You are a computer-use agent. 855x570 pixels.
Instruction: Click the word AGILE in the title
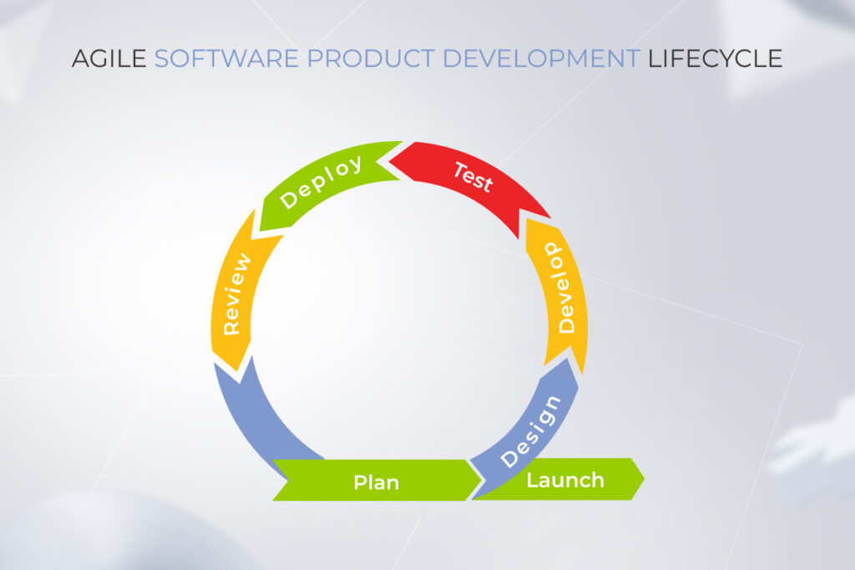[109, 58]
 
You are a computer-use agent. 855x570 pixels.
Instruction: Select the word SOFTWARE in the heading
[226, 58]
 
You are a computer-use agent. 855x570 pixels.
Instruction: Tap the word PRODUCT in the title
[371, 58]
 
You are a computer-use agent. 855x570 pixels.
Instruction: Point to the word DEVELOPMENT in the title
[541, 58]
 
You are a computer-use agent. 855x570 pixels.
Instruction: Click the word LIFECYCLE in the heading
[716, 58]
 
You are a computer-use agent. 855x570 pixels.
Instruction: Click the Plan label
[377, 482]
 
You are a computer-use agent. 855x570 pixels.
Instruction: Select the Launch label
[565, 480]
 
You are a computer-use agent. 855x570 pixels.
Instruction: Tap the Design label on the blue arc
[530, 431]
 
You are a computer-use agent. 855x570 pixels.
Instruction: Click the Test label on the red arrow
[473, 177]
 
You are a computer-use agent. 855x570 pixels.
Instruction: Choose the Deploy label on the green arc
[321, 181]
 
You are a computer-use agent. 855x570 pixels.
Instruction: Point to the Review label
[237, 294]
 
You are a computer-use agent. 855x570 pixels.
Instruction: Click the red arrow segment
[469, 179]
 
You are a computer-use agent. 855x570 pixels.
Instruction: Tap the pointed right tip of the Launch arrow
[644, 479]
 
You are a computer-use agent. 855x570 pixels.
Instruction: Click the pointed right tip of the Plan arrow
[482, 480]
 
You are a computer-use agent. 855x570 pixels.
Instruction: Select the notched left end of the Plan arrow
[288, 480]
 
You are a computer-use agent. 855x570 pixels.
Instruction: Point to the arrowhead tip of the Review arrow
[238, 372]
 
